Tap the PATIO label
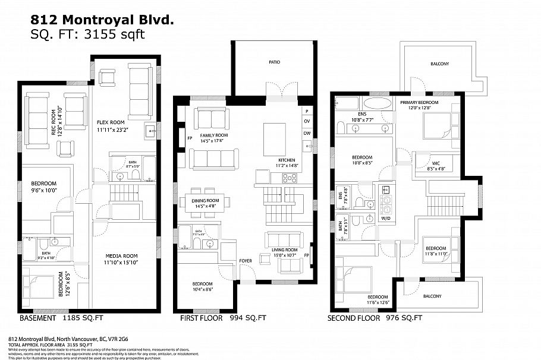pyautogui.click(x=274, y=62)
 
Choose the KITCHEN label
pyautogui.click(x=287, y=161)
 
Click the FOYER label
pyautogui.click(x=245, y=260)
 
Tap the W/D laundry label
pyautogui.click(x=385, y=218)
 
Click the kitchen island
pyautogui.click(x=274, y=135)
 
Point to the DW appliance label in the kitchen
pyautogui.click(x=307, y=133)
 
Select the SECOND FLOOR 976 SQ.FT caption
pyautogui.click(x=375, y=318)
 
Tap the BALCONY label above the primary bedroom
pyautogui.click(x=436, y=64)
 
